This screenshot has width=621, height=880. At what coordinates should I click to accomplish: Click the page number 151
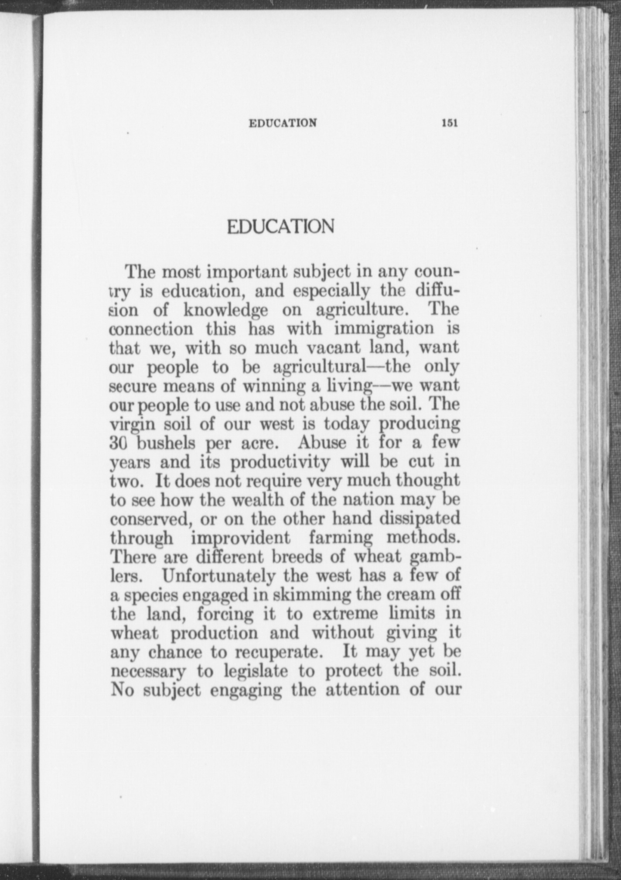pos(449,123)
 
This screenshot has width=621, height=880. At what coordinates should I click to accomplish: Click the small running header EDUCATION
pos(283,123)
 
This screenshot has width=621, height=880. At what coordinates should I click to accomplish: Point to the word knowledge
pos(225,310)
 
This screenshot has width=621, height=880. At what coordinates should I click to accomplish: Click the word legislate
pos(256,671)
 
